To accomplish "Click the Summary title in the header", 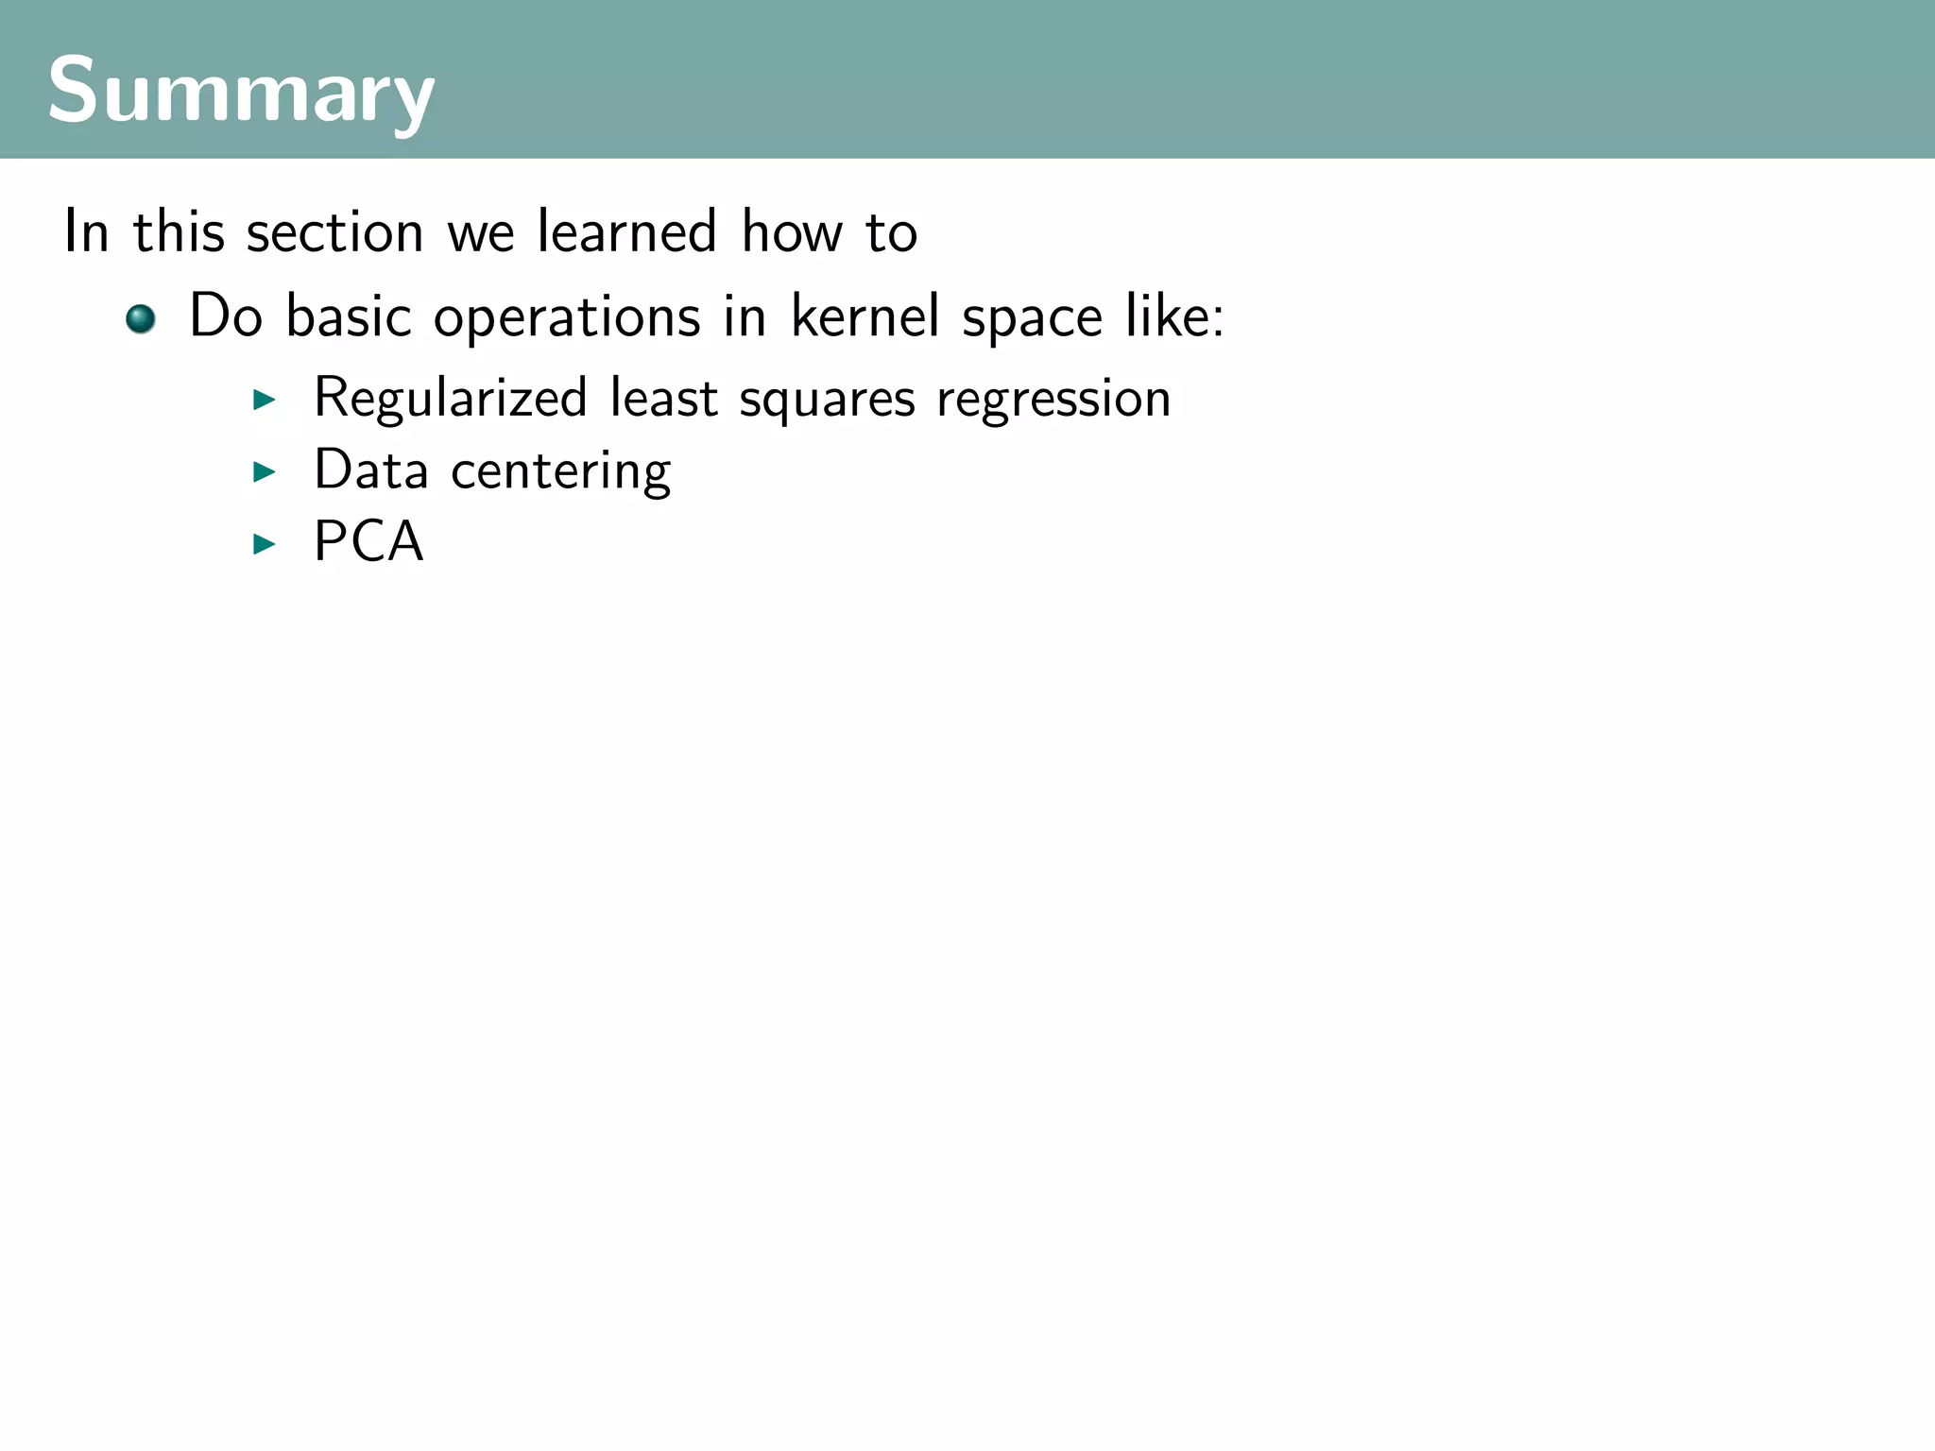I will [241, 91].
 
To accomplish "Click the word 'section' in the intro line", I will [334, 232].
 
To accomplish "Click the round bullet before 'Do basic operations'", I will [141, 318].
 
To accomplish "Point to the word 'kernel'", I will [865, 316].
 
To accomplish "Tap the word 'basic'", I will [349, 316].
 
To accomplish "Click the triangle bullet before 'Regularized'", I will [265, 400].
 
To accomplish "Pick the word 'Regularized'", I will [451, 399].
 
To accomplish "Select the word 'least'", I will [663, 397].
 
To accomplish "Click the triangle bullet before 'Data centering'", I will [265, 471].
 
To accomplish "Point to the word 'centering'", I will [561, 471].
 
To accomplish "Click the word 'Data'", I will [370, 469].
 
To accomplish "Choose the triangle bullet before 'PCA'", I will [265, 544].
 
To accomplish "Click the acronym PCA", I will [368, 542].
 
